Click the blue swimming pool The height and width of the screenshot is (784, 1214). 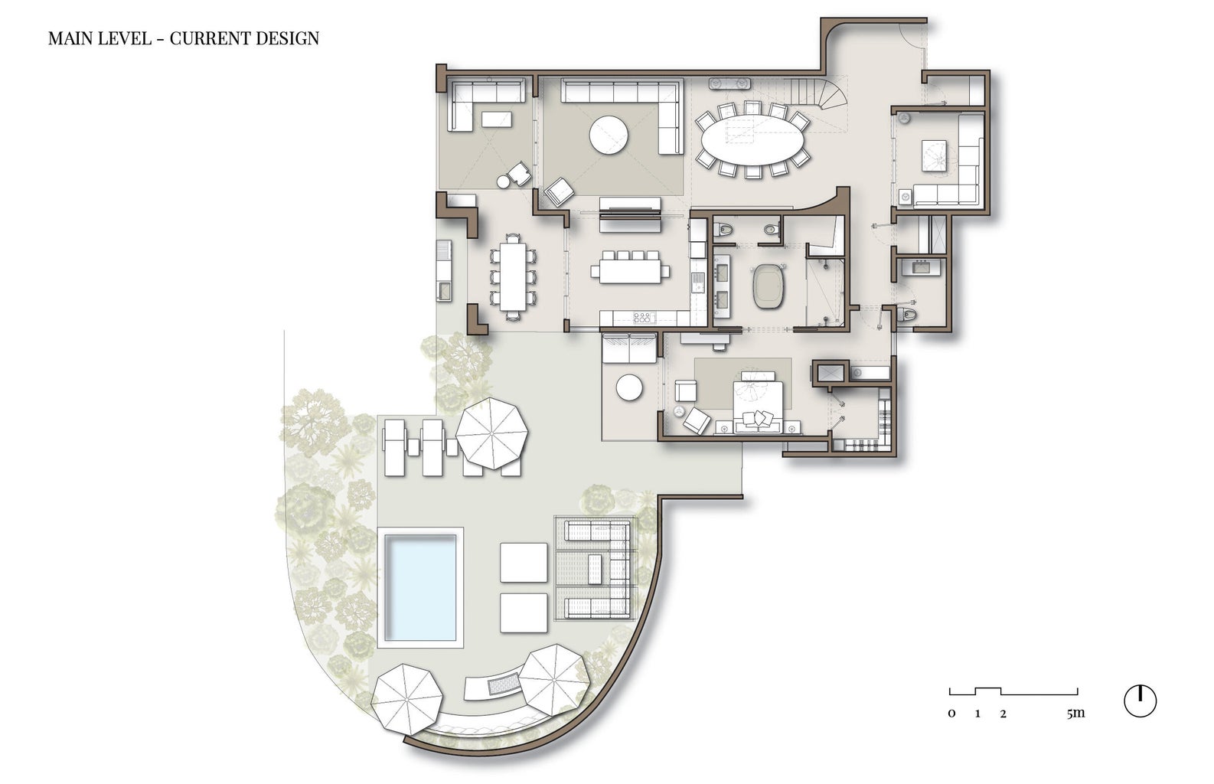point(420,588)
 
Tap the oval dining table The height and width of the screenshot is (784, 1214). point(752,140)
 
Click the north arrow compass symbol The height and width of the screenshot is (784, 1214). point(1141,701)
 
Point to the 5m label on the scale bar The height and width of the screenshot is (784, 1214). point(1075,713)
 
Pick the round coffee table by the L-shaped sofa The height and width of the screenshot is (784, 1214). point(609,136)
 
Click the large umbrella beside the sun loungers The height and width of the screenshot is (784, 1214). point(491,433)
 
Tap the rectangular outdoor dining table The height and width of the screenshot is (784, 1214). point(513,276)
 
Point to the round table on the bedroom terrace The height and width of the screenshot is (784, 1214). point(629,387)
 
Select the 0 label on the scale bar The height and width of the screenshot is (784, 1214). point(951,714)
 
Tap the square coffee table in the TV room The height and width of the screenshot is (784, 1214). point(934,155)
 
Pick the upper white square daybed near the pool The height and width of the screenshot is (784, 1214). point(524,562)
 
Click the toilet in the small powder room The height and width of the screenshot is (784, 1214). point(907,314)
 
